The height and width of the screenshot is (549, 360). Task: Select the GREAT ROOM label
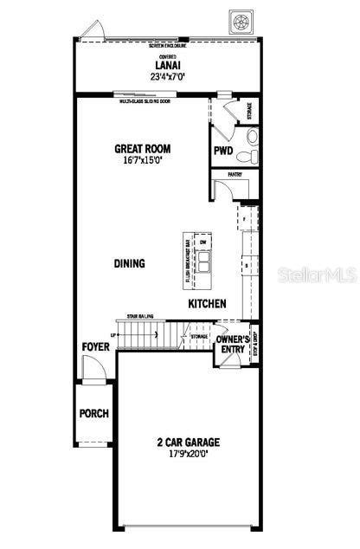tap(141, 148)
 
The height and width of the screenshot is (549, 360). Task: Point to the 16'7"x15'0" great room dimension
tap(141, 160)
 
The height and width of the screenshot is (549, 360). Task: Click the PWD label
tap(223, 150)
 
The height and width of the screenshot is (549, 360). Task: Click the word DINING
tap(129, 263)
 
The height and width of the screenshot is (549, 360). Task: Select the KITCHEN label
tap(208, 304)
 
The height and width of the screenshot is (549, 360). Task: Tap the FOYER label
tap(95, 347)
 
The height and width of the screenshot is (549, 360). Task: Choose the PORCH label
tap(94, 413)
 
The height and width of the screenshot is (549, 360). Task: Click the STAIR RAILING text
tap(141, 317)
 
